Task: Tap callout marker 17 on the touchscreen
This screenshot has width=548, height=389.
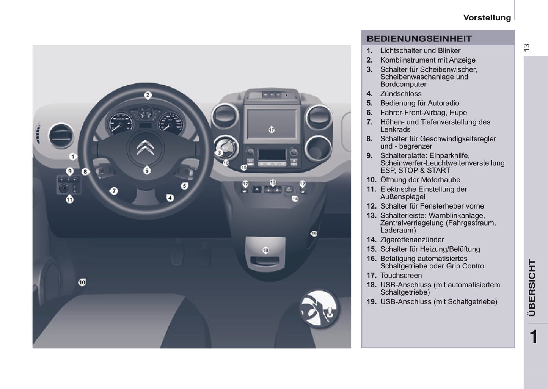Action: pos(272,129)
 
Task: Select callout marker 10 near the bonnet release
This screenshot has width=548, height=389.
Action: pos(82,282)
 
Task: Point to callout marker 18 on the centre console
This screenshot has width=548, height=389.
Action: pos(265,250)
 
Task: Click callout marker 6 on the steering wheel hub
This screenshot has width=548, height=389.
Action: pos(147,170)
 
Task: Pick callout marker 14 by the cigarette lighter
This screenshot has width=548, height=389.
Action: pos(295,199)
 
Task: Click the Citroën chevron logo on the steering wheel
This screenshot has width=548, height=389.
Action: pos(145,147)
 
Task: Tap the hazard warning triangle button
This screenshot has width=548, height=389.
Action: pos(257,189)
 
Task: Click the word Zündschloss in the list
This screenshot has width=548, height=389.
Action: pos(401,94)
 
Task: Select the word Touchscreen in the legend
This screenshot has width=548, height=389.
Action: pos(401,276)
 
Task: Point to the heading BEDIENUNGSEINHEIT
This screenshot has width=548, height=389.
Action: pos(419,39)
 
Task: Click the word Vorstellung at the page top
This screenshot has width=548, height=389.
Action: pos(487,17)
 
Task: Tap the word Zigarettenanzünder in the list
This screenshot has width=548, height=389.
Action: pos(412,240)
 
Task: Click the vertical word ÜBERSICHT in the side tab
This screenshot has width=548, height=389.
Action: pos(532,288)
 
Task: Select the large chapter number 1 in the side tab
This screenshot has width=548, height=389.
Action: pos(534,337)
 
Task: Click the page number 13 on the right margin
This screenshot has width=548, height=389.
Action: pos(526,47)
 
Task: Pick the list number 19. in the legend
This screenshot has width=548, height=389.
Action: pos(371,302)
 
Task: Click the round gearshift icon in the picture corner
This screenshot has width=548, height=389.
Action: pos(319,308)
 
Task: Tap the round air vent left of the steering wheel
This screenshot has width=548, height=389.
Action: pos(61,135)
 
